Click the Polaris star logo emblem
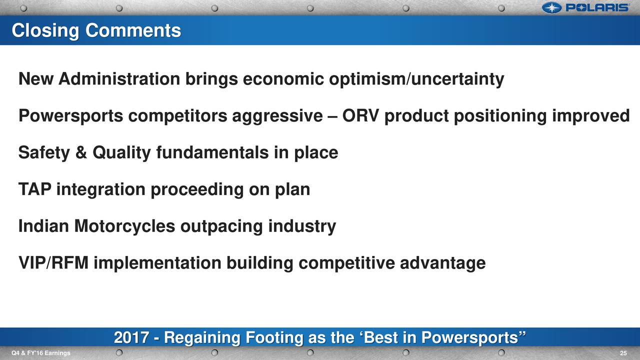pyautogui.click(x=551, y=7)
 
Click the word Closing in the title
pyautogui.click(x=45, y=31)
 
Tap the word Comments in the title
pyautogui.click(x=133, y=30)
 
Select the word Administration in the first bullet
pyautogui.click(x=119, y=78)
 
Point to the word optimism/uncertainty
pyautogui.click(x=416, y=79)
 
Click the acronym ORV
pyautogui.click(x=361, y=115)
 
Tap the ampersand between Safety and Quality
pyautogui.click(x=81, y=152)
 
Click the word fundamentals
pyautogui.click(x=212, y=152)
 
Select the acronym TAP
pyautogui.click(x=35, y=189)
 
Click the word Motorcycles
pyautogui.click(x=124, y=226)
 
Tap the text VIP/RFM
pyautogui.click(x=53, y=263)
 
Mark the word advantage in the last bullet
pyautogui.click(x=442, y=263)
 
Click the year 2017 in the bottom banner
pyautogui.click(x=131, y=337)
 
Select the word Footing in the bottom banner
pyautogui.click(x=274, y=338)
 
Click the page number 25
pyautogui.click(x=623, y=353)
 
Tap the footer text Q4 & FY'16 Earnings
pyautogui.click(x=41, y=353)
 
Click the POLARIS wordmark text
pyautogui.click(x=597, y=7)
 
